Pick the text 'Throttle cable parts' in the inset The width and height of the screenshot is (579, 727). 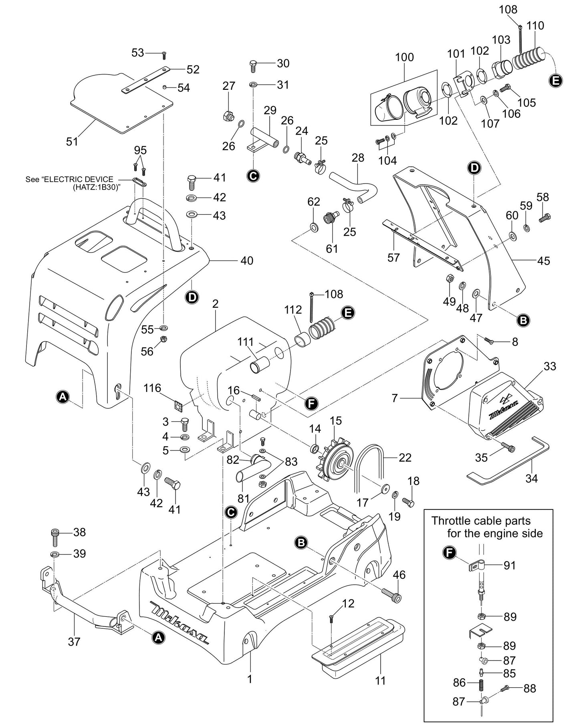click(480, 521)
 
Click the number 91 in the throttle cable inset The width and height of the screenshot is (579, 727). click(510, 565)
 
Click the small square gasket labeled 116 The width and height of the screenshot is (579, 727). click(179, 406)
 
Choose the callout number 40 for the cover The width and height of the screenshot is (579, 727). click(247, 261)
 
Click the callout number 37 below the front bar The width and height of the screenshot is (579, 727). click(74, 642)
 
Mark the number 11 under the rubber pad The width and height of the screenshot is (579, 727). click(380, 681)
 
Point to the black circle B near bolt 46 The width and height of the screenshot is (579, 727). click(301, 542)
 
